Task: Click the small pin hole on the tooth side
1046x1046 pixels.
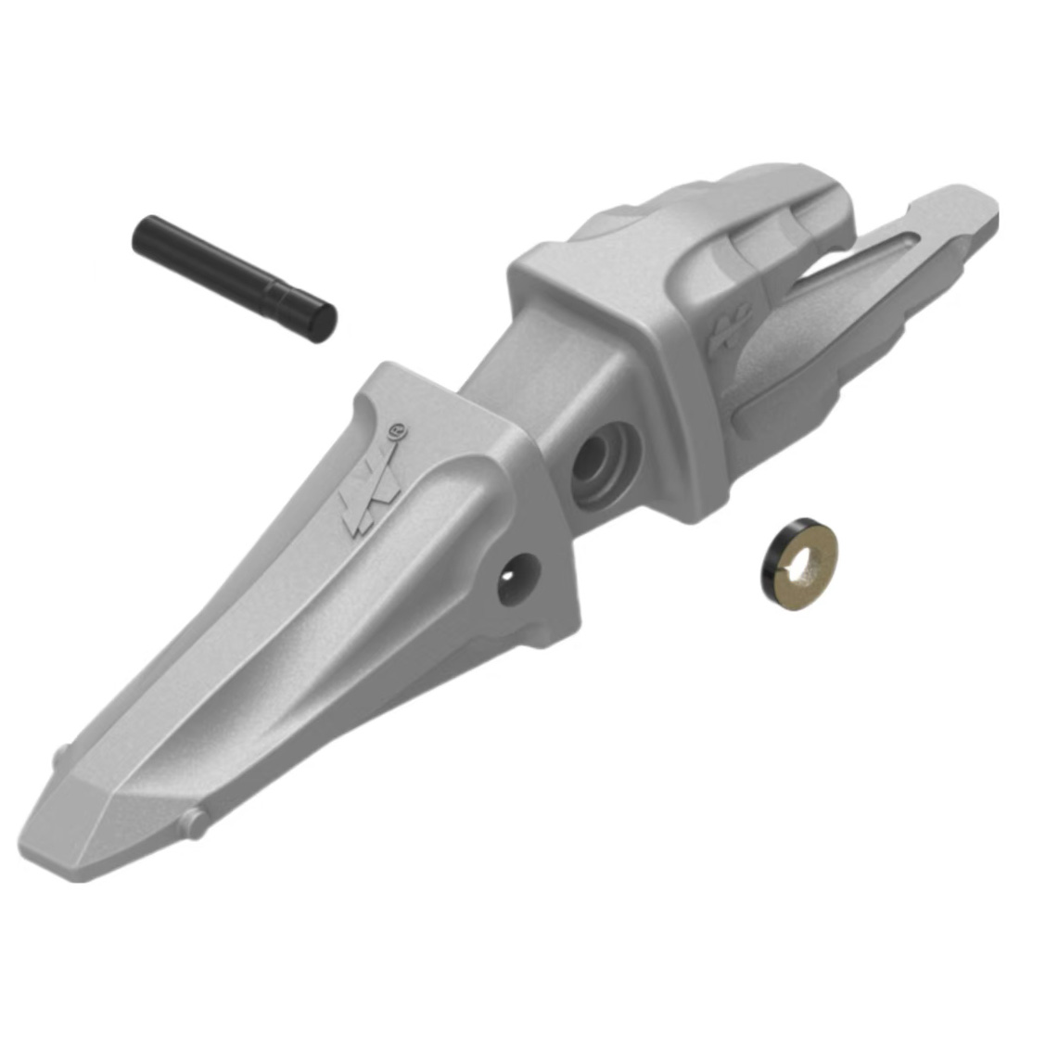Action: (518, 580)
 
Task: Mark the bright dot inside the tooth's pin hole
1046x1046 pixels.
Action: (509, 576)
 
